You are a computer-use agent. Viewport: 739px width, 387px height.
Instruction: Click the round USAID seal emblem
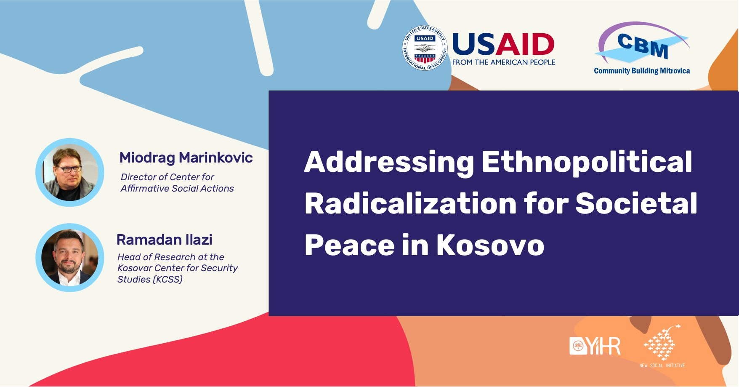pyautogui.click(x=425, y=48)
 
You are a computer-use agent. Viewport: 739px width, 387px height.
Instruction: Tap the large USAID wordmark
pyautogui.click(x=503, y=45)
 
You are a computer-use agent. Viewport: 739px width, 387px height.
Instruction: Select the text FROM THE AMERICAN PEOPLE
pyautogui.click(x=504, y=62)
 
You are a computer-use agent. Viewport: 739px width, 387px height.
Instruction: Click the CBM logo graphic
pyautogui.click(x=642, y=44)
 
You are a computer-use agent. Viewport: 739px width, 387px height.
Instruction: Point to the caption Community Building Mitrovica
pyautogui.click(x=642, y=71)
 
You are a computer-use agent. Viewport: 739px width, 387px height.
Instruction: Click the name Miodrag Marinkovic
pyautogui.click(x=186, y=157)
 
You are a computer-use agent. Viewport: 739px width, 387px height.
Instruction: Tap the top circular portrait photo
pyautogui.click(x=70, y=172)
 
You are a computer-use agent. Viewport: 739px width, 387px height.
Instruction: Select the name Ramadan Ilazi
pyautogui.click(x=165, y=240)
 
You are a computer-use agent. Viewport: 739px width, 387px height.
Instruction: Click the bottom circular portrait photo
pyautogui.click(x=70, y=257)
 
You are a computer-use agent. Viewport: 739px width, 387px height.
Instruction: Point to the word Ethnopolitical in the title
pyautogui.click(x=587, y=162)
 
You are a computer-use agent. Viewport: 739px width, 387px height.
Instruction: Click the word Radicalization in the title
pyautogui.click(x=411, y=203)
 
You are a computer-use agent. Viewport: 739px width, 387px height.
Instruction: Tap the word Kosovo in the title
pyautogui.click(x=490, y=245)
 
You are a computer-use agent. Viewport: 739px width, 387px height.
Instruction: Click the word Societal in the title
pyautogui.click(x=636, y=203)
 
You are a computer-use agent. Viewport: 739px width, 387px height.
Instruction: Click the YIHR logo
pyautogui.click(x=595, y=346)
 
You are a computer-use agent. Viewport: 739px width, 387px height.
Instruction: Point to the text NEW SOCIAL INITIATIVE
pyautogui.click(x=662, y=366)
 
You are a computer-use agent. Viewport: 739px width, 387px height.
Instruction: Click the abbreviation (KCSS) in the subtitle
pyautogui.click(x=167, y=280)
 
